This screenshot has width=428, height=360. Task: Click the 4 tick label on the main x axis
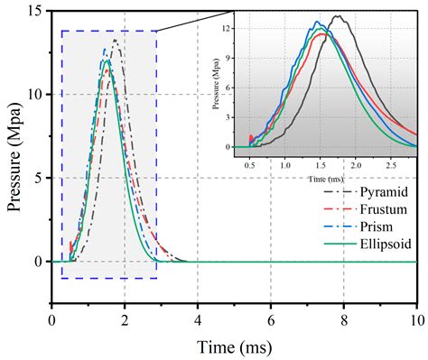(x=198, y=320)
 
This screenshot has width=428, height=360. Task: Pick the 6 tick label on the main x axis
(x=271, y=320)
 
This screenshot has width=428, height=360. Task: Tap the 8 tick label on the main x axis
(x=344, y=320)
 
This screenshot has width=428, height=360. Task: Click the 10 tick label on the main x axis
(x=415, y=320)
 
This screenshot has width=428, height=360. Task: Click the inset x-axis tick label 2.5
(x=390, y=165)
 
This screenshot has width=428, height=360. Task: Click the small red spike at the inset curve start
(x=250, y=139)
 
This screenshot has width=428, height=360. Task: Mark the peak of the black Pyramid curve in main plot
(x=115, y=40)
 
